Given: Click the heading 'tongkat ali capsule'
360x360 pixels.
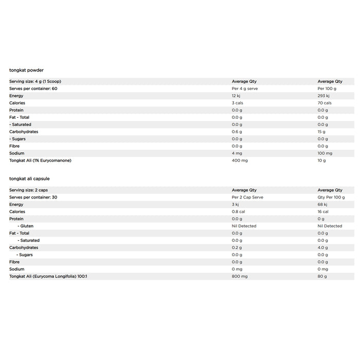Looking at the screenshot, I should click(29, 178).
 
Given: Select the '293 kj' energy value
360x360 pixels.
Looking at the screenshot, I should click(323, 96).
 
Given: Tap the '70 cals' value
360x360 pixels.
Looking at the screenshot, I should click(325, 103).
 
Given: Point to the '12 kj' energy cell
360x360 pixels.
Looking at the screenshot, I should click(237, 96).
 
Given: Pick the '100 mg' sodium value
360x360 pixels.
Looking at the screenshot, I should click(326, 153).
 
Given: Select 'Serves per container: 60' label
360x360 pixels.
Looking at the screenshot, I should click(33, 88).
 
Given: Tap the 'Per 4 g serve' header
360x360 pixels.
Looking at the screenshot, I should click(244, 88).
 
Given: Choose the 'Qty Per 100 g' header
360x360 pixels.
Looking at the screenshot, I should click(331, 197).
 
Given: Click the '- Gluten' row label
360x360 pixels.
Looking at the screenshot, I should click(25, 226).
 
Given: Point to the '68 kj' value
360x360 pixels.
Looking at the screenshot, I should click(323, 205).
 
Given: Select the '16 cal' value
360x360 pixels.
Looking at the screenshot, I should click(323, 212).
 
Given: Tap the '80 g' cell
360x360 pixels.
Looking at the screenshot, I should click(322, 277).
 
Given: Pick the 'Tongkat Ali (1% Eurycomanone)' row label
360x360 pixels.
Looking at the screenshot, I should click(40, 160).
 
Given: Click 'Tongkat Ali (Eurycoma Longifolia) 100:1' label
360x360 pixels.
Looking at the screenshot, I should click(48, 277).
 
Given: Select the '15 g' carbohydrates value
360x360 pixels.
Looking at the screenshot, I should click(321, 132).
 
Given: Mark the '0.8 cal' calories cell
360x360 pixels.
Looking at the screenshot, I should click(238, 212).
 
